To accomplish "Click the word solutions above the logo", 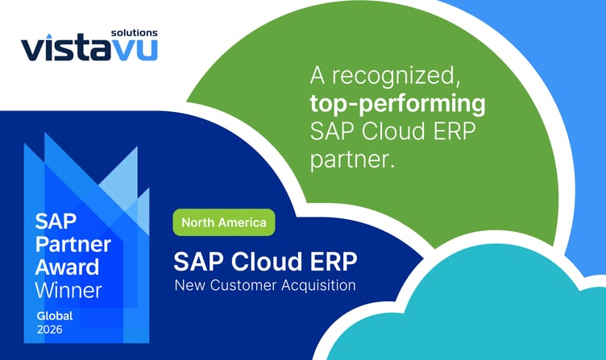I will coord(135,33).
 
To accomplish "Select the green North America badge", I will coord(224,221).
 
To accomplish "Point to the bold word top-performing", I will coord(398,105).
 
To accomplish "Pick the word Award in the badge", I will coord(66,267).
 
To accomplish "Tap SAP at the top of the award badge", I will coord(52,221).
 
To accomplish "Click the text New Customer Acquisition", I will coord(265,285).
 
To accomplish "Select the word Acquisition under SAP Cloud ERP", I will coord(321,285).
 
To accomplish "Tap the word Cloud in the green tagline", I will coord(380,131).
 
